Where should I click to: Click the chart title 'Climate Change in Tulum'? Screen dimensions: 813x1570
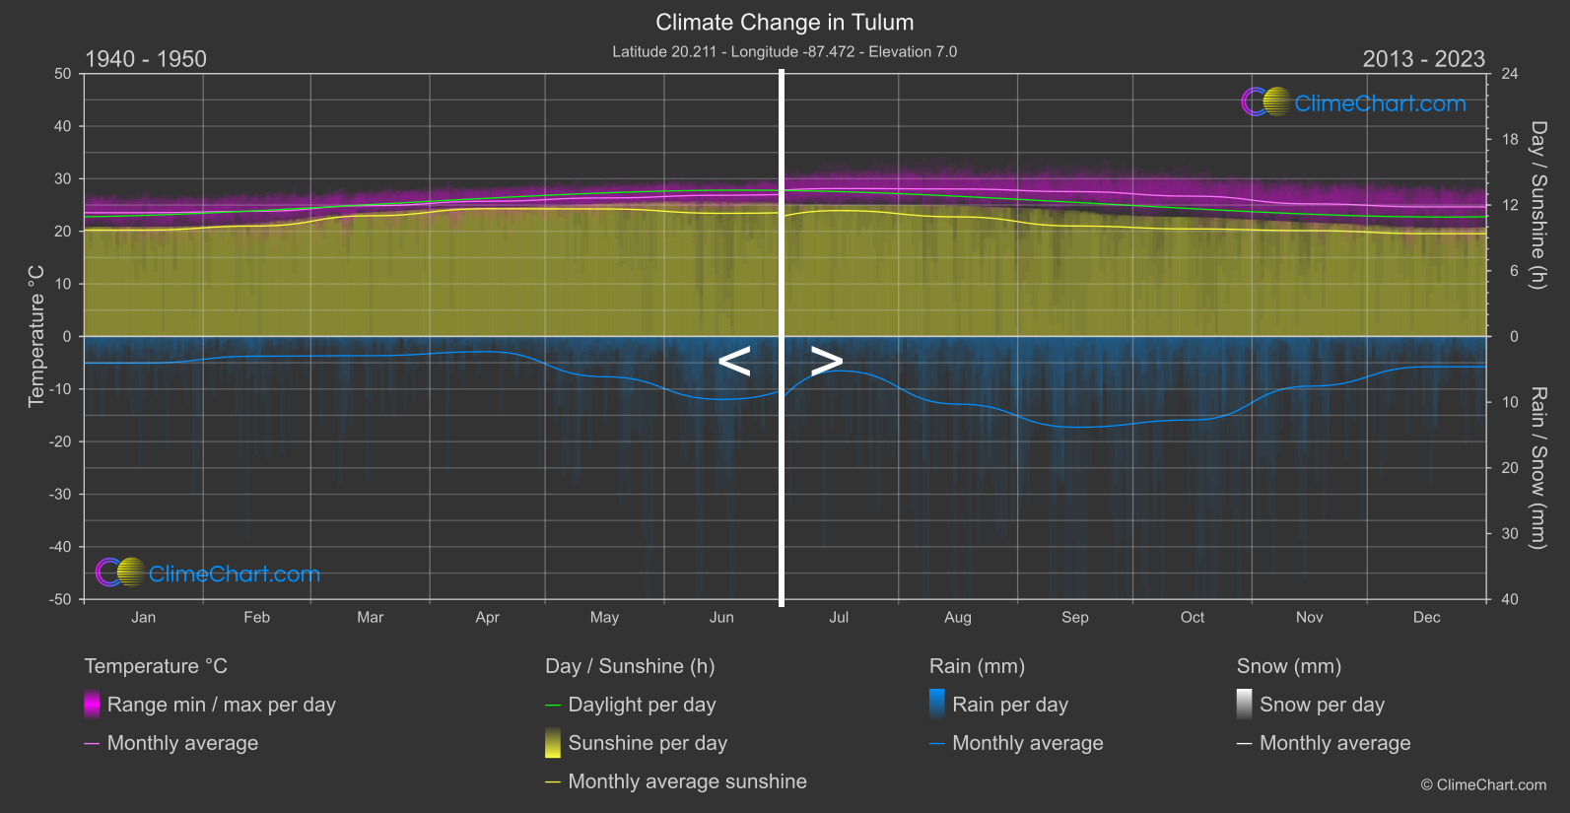point(785,22)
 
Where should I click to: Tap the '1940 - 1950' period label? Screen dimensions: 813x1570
point(146,59)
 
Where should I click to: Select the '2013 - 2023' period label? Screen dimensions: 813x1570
point(1423,59)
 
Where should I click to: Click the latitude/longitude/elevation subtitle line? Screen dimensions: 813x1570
point(785,51)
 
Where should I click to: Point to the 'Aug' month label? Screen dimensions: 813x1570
point(957,617)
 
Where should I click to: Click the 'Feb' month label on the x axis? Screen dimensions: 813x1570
point(256,617)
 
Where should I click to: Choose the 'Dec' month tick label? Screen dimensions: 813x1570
point(1426,617)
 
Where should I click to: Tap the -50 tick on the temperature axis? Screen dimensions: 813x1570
point(61,599)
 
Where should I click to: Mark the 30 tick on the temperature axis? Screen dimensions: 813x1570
point(63,178)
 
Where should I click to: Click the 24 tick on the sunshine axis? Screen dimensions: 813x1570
point(1509,74)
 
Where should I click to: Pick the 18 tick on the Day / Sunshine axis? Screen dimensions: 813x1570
point(1509,140)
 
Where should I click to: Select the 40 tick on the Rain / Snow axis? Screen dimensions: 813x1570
point(1509,599)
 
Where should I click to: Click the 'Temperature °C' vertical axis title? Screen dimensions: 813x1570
point(36,336)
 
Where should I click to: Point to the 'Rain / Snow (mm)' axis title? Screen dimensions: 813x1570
point(1537,467)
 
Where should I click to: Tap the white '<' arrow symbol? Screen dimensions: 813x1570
point(734,362)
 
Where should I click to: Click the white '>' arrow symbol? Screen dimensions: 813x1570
point(826,362)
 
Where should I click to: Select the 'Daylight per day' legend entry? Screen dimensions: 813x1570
point(642,705)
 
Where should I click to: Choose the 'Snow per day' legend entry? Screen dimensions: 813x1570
point(1322,705)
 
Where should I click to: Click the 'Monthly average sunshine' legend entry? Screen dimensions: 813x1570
point(687,781)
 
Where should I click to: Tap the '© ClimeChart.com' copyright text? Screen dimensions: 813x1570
point(1483,785)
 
